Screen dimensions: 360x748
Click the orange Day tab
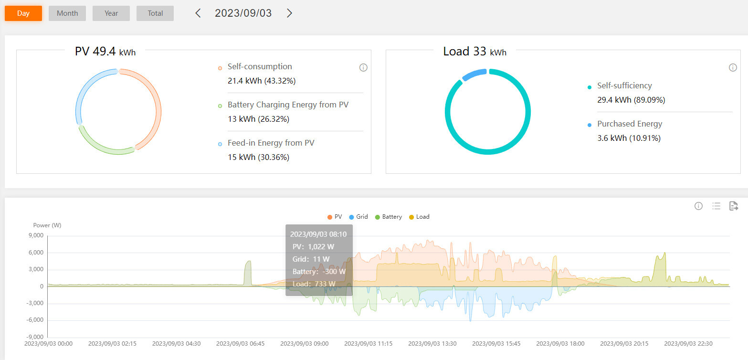pos(23,13)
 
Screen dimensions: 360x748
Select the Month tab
pos(67,13)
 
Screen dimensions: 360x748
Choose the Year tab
pos(111,13)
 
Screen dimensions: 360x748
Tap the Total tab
pos(155,13)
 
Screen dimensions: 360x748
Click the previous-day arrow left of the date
pos(198,13)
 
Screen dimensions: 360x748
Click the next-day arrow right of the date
pos(289,13)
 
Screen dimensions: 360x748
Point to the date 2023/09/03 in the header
pos(243,13)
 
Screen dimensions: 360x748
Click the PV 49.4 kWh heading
pos(105,52)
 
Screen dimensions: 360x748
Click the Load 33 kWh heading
pos(474,52)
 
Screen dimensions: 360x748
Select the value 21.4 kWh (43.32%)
pos(262,81)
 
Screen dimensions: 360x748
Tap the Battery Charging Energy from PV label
pos(288,105)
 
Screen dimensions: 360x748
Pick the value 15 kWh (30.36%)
pos(258,157)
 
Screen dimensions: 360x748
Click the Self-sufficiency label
pos(624,85)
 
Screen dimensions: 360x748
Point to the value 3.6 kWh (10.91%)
pos(629,138)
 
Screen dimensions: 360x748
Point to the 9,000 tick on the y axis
pos(36,235)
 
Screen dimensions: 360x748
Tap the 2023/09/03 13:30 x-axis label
pos(432,343)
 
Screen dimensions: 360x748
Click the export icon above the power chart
pos(734,206)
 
